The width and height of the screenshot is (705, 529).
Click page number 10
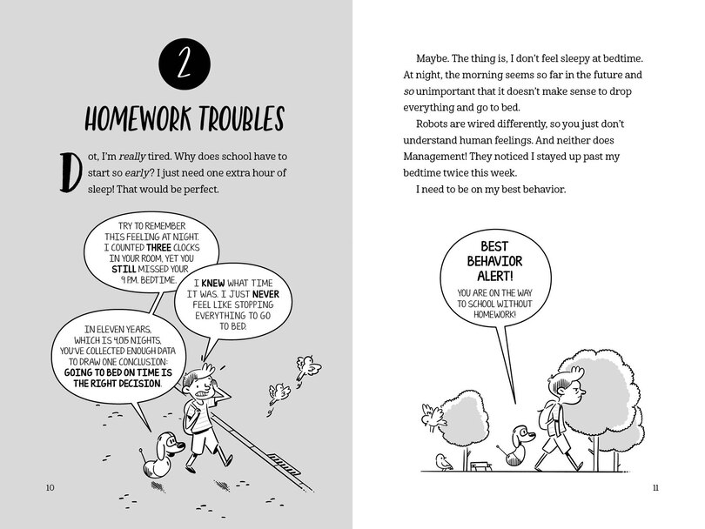tap(50, 487)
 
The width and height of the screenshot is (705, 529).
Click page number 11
tap(655, 487)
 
